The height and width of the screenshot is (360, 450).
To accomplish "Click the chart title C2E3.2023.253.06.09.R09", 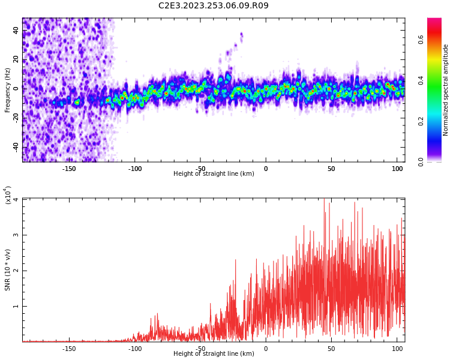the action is [x=214, y=5].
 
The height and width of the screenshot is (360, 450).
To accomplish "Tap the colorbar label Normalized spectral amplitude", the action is [x=445, y=90].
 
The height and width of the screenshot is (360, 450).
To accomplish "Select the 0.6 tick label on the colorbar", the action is [x=421, y=40].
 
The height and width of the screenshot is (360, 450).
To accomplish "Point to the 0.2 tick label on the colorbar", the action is [x=421, y=121].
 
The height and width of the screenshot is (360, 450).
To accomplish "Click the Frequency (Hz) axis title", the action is [x=7, y=90].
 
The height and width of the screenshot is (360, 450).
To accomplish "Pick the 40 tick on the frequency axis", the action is [x=16, y=30].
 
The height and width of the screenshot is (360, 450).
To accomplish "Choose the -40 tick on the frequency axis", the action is [x=16, y=148].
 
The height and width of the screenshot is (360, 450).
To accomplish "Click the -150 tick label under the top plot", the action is [x=69, y=169].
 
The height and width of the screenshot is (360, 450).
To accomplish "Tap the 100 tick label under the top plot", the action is [x=397, y=169].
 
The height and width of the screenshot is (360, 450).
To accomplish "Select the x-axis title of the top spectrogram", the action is [x=214, y=173].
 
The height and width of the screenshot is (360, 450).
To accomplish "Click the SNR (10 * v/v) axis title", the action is [x=7, y=270].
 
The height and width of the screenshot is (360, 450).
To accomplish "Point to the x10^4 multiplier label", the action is [x=8, y=195].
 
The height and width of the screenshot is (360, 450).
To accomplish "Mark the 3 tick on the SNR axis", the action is [x=16, y=235].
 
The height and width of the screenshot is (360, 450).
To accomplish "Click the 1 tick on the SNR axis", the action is [x=16, y=307].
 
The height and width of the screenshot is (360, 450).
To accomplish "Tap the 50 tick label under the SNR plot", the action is [x=331, y=349].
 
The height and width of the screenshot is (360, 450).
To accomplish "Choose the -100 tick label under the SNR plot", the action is [x=134, y=349].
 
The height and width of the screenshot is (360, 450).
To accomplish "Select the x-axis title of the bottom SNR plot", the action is [x=214, y=353].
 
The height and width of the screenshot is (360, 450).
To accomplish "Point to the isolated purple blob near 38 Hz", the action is [x=241, y=36].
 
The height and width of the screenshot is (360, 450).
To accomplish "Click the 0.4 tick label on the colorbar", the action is [x=421, y=80].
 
